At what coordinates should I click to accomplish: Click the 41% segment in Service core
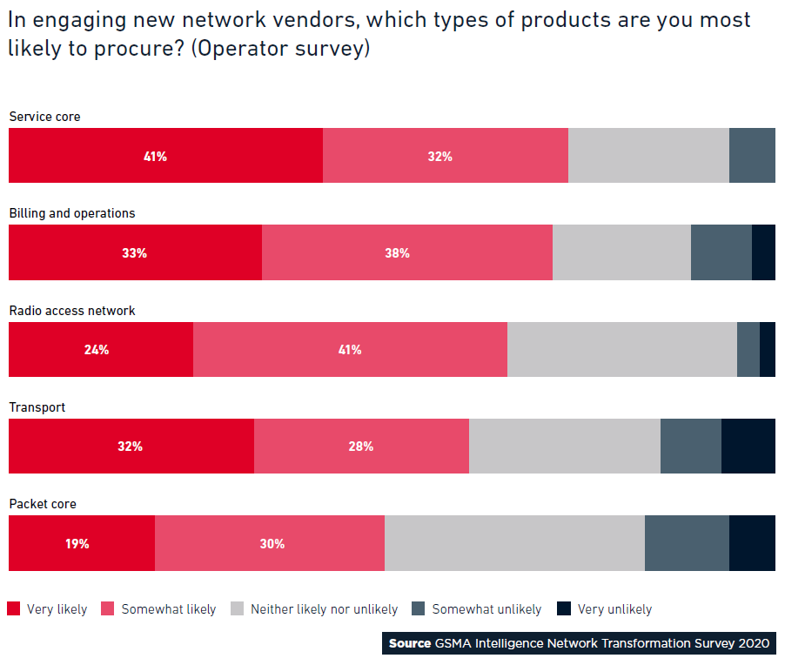[165, 155]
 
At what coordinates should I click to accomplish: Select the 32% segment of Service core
[446, 155]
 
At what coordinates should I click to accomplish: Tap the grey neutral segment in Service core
[649, 155]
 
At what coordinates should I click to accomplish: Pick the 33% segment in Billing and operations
[135, 252]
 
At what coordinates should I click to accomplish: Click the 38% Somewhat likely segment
[407, 252]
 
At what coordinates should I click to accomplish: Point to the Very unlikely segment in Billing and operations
[763, 252]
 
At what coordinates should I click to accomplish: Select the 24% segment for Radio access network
[101, 350]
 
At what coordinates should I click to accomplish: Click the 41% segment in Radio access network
[351, 350]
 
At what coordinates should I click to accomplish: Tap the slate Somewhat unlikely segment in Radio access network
[748, 350]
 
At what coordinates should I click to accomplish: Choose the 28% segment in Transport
[361, 447]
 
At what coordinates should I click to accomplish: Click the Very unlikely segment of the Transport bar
[748, 447]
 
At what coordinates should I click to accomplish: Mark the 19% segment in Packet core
[82, 543]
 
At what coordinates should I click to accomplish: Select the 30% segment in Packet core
[270, 543]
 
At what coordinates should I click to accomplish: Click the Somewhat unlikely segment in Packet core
[687, 543]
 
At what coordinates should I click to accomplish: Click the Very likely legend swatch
[14, 608]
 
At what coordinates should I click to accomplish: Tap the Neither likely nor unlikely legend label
[324, 609]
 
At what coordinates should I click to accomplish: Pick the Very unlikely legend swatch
[564, 608]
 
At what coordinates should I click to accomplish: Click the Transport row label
[37, 407]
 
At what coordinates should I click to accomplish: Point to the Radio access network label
[72, 311]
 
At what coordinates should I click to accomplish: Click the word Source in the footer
[410, 643]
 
